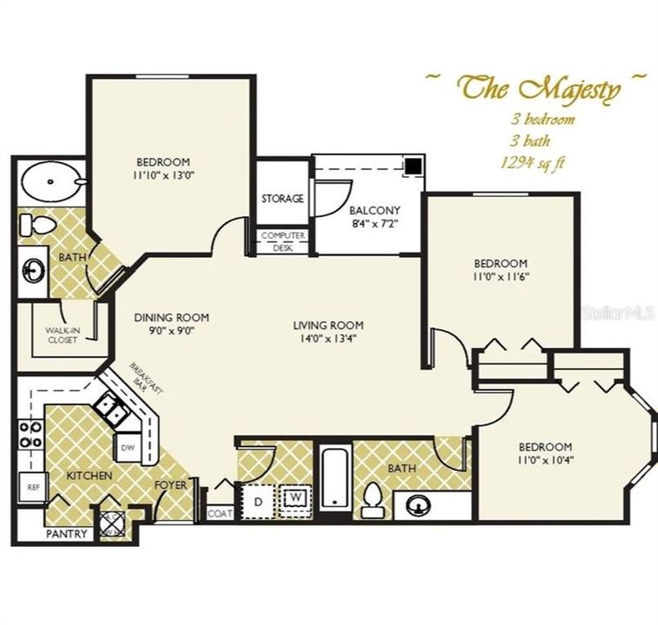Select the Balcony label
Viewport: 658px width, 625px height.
(x=374, y=210)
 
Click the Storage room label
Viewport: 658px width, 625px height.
(x=282, y=199)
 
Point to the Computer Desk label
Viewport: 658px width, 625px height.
(x=282, y=241)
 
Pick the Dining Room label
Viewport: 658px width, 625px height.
(x=171, y=318)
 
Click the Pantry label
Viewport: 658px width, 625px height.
(x=67, y=534)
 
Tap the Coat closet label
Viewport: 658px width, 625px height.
(x=219, y=513)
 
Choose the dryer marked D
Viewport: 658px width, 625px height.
(x=257, y=501)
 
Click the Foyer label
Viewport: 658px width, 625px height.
(x=170, y=484)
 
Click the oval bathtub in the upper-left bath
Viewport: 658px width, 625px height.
(x=51, y=181)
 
